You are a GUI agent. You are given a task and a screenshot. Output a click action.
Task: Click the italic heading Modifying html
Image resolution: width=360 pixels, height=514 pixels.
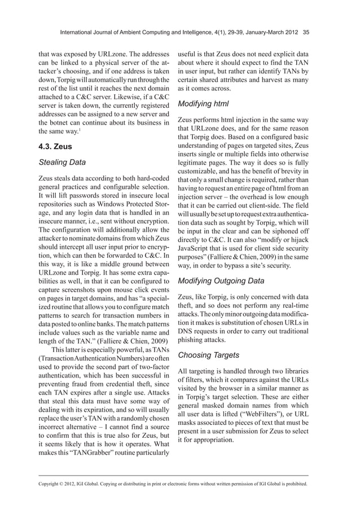(x=204, y=104)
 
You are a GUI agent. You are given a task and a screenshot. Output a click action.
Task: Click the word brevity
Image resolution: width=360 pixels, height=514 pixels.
(x=280, y=170)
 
